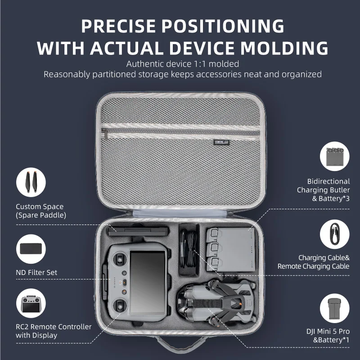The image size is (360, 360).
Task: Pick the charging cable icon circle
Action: tap(334, 234)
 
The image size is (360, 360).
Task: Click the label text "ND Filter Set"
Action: tap(36, 272)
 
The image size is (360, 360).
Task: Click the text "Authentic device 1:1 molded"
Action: tap(182, 64)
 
